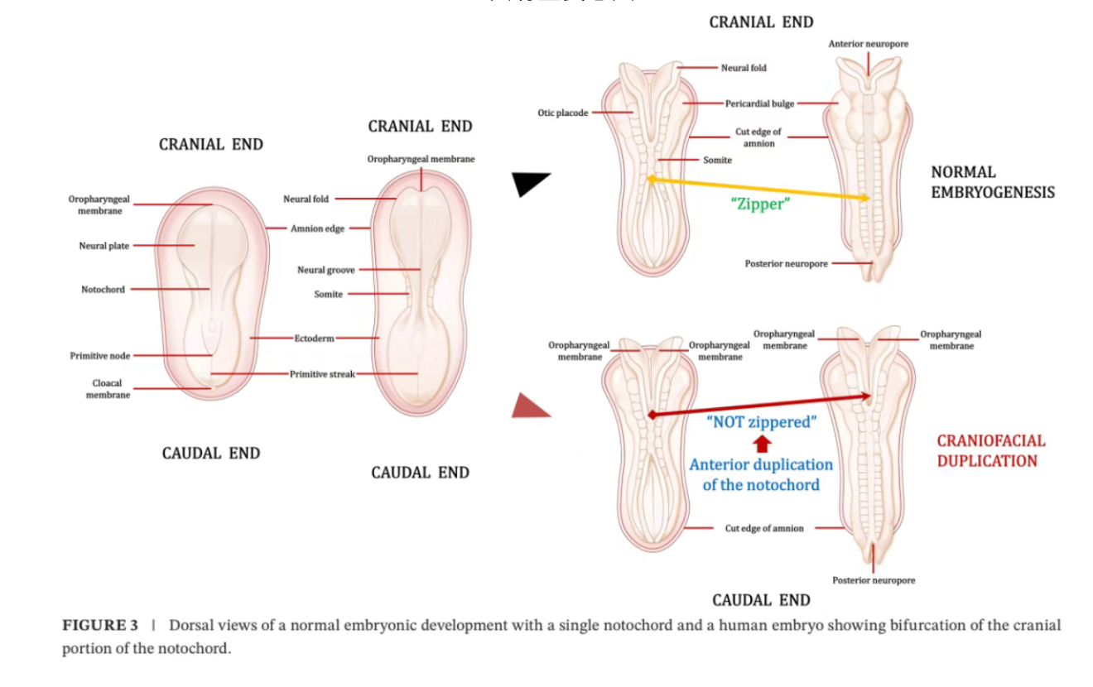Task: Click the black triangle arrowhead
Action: coord(527,183)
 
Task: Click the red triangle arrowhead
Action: coord(527,407)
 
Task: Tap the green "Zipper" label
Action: coord(760,204)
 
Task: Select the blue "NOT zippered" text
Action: coord(761,422)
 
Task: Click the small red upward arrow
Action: coord(763,444)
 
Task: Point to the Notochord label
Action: coord(103,290)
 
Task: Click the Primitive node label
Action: coord(99,356)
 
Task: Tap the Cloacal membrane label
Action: coord(108,389)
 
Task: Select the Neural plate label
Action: coord(104,246)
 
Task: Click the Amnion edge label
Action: coord(317,228)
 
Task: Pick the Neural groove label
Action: coord(326,270)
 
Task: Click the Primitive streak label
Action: coord(322,374)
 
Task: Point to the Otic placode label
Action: coord(562,113)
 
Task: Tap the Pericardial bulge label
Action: coord(759,103)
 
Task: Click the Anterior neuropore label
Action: coord(868,44)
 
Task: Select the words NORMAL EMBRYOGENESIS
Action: coord(992,182)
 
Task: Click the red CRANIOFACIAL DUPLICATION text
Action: coord(990,451)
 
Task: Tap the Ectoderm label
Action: coord(314,339)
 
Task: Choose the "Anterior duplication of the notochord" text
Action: coord(761,475)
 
